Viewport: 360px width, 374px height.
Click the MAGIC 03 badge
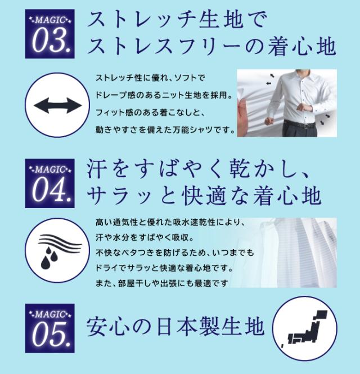coord(50,34)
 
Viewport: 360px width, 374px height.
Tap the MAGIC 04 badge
coord(50,183)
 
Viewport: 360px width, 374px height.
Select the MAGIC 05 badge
coord(50,328)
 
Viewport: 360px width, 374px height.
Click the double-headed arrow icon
coord(57,105)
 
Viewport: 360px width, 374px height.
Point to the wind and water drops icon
coord(60,250)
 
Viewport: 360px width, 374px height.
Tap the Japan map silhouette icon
coord(305,329)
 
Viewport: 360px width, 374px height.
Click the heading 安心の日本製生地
coord(175,326)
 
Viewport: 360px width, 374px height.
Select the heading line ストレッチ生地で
coord(177,20)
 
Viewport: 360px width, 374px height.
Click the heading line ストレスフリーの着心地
coord(212,46)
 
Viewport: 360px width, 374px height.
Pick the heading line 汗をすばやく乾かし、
coord(199,169)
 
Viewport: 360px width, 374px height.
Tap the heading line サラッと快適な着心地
coord(204,196)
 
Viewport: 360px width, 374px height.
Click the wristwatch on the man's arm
coord(309,108)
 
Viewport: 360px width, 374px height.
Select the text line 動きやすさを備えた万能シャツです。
coord(165,130)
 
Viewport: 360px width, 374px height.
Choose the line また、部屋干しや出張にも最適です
coord(162,283)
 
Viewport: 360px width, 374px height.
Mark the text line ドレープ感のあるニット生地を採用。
coord(164,95)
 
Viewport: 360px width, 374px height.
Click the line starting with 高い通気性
coord(170,222)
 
